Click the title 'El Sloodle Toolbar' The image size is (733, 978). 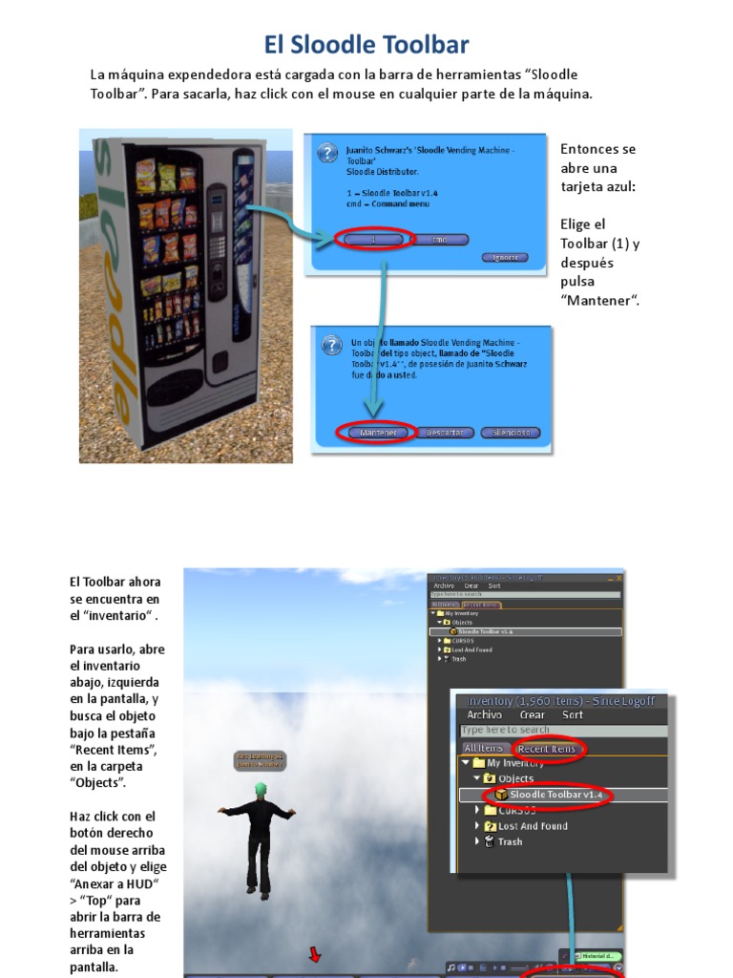(366, 45)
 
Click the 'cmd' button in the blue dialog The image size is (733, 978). (440, 239)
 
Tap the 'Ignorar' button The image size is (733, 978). (505, 258)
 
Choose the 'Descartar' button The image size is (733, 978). (444, 433)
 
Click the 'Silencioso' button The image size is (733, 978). (511, 433)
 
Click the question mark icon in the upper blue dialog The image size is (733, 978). (326, 153)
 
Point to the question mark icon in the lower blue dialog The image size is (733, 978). (331, 345)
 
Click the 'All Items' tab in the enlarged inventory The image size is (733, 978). (483, 748)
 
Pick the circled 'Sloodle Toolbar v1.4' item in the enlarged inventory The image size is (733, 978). (551, 795)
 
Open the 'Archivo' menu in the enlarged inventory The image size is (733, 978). (484, 714)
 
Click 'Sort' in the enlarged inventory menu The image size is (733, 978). (573, 714)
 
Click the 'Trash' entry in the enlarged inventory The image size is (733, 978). (510, 841)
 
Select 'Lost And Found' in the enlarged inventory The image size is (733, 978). (532, 826)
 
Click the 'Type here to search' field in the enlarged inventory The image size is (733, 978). (563, 731)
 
